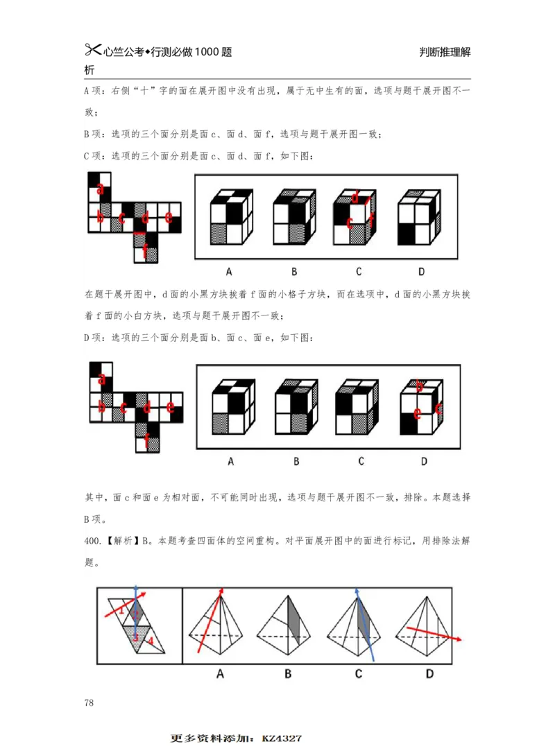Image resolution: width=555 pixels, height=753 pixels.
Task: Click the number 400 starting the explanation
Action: click(92, 541)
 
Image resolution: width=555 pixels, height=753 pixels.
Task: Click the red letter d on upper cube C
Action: click(355, 198)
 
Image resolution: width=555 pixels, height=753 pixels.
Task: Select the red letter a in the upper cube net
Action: click(101, 188)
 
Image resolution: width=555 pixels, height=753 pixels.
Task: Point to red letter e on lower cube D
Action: click(418, 415)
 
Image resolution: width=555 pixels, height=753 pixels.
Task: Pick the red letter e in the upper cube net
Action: click(169, 216)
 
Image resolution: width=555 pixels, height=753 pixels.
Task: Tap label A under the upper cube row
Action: click(228, 272)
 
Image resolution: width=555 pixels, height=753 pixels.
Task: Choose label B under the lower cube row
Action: click(296, 461)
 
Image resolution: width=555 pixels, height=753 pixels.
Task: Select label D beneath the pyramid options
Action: click(429, 673)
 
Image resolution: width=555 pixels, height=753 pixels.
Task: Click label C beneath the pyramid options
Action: click(359, 673)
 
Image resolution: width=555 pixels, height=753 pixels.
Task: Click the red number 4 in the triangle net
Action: click(151, 641)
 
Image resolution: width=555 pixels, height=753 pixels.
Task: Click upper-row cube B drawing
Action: click(294, 216)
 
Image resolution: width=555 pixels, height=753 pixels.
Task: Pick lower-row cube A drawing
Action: click(232, 407)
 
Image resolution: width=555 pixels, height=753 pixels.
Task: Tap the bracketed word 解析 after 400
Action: click(122, 541)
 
